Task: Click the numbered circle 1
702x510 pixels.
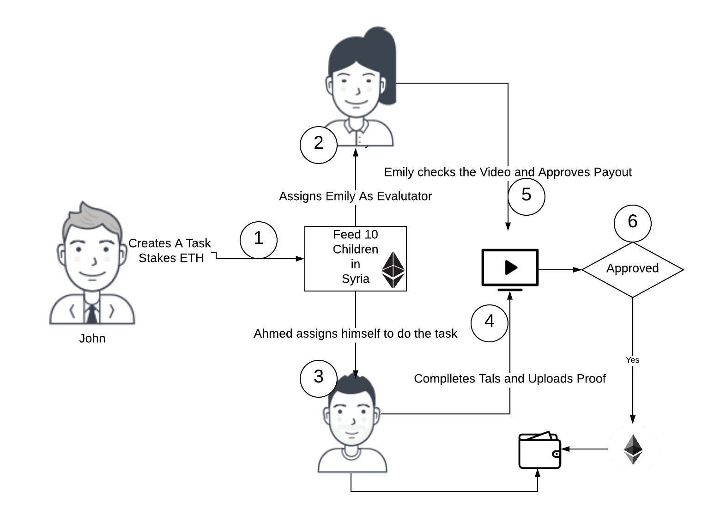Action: tap(259, 240)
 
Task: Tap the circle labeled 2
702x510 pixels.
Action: tap(319, 145)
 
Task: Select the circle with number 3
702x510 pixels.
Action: tap(319, 378)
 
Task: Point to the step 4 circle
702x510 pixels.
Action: tap(490, 322)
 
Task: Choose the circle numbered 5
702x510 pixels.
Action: tap(526, 196)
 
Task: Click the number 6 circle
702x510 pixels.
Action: tap(633, 223)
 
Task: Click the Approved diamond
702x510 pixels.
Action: tap(632, 269)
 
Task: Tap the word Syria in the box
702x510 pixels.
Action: tap(355, 279)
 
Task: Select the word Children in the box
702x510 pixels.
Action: tap(355, 249)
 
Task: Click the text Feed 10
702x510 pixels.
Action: tap(355, 235)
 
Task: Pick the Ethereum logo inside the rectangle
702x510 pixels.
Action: tap(393, 270)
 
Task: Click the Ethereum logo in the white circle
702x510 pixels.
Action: tap(633, 449)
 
